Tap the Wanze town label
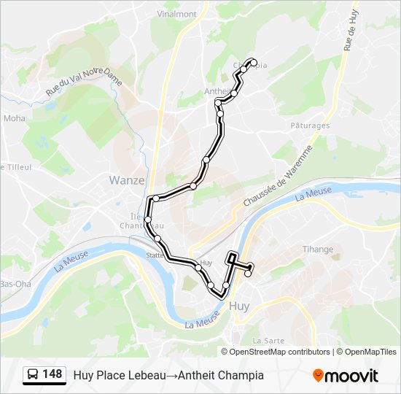click(127, 179)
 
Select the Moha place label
click(14, 117)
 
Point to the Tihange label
click(317, 250)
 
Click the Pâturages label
click(310, 125)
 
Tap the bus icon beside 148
click(33, 375)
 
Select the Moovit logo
click(346, 376)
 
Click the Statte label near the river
click(155, 255)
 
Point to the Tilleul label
click(17, 167)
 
